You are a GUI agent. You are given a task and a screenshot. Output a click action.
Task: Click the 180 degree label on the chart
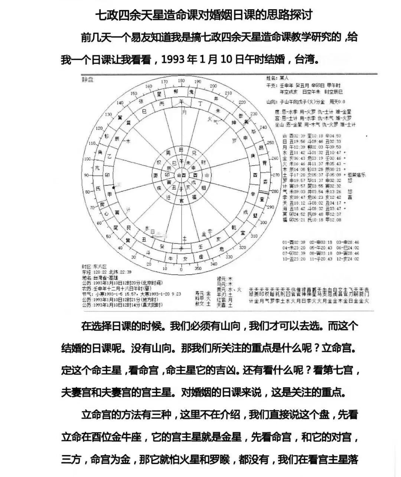pos(181,81)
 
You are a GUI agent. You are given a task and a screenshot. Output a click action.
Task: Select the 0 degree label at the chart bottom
pos(181,270)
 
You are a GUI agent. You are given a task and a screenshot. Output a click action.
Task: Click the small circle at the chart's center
pos(182,175)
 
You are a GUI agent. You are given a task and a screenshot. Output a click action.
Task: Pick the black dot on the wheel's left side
pos(114,188)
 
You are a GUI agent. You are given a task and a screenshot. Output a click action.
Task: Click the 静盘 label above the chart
pos(88,79)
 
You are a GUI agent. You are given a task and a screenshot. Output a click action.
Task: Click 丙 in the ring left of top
pos(162,105)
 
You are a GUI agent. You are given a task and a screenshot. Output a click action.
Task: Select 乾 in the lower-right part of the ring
pos(234,227)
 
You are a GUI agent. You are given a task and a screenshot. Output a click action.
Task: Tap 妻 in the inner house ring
pos(156,175)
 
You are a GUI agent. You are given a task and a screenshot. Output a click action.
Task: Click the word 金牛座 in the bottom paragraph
pos(125,437)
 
